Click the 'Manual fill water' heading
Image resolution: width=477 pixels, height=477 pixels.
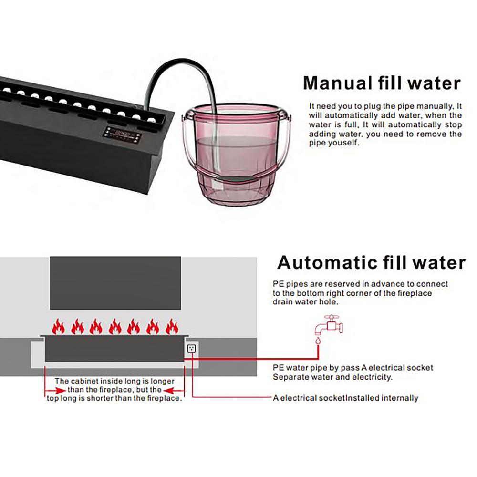click(x=382, y=83)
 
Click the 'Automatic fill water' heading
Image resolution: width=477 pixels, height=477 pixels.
click(x=371, y=262)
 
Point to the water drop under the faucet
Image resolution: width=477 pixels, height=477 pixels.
click(x=318, y=340)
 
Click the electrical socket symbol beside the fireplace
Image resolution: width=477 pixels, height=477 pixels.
click(x=191, y=348)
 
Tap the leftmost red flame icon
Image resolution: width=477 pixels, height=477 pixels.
click(x=58, y=326)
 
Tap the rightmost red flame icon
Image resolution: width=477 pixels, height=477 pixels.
click(x=172, y=326)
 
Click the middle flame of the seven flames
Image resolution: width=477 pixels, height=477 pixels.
click(x=115, y=326)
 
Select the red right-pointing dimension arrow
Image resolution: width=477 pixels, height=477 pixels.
click(x=56, y=390)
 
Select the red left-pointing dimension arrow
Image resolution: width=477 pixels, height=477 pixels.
click(x=174, y=390)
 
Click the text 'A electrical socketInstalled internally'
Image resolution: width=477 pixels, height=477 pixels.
click(x=345, y=398)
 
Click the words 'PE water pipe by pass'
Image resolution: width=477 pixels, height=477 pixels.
click(x=316, y=368)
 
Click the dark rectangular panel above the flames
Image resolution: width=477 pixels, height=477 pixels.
click(x=115, y=283)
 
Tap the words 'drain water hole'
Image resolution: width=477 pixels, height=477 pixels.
click(x=305, y=302)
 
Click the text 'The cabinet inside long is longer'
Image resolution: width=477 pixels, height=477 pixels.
click(x=114, y=381)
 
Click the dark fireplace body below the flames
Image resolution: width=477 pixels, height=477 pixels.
click(x=114, y=349)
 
